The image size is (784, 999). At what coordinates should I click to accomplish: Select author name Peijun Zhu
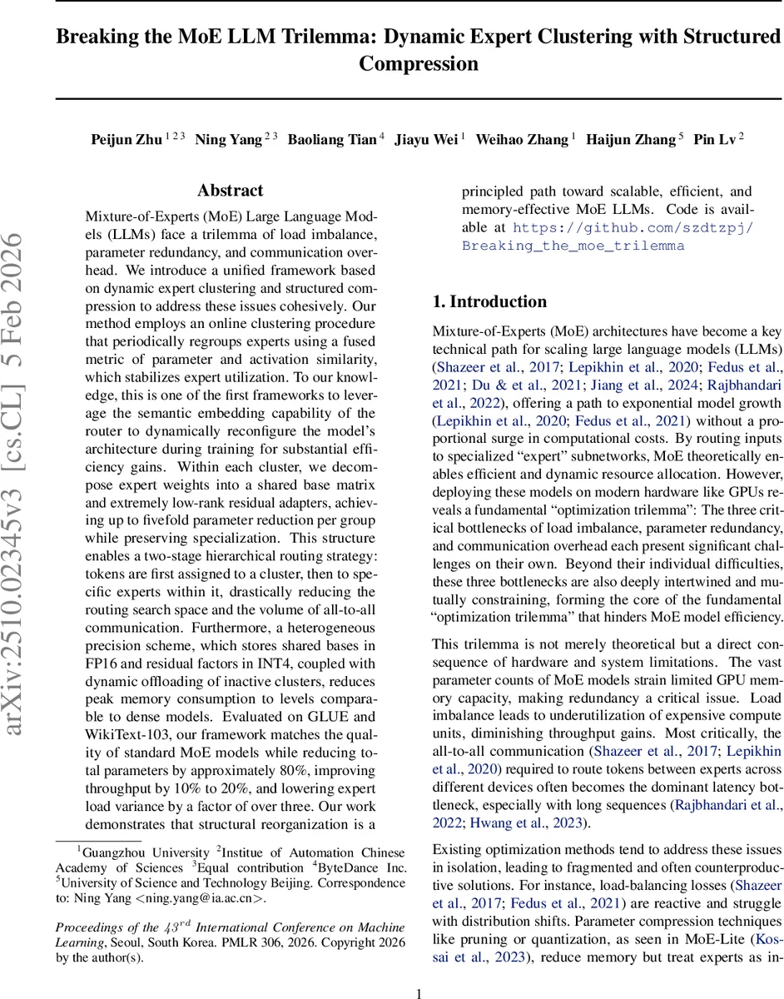point(127,140)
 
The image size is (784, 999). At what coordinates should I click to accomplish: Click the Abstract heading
point(231,191)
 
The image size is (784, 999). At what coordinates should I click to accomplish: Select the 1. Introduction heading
point(489,301)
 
